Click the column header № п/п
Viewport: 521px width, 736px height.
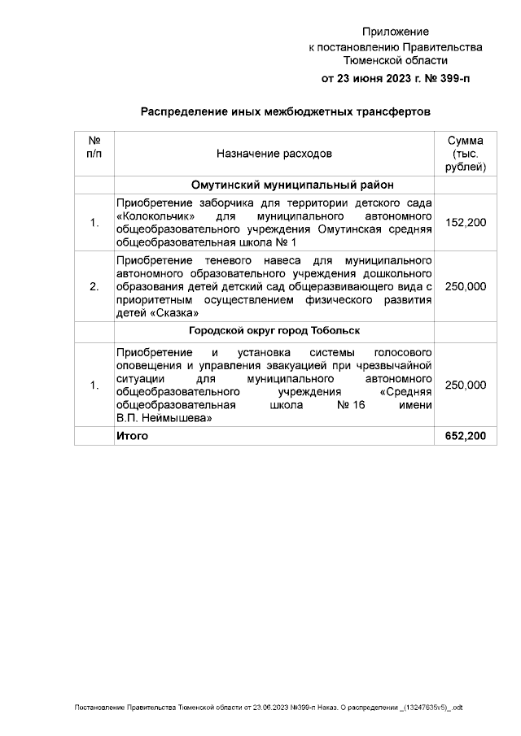94,146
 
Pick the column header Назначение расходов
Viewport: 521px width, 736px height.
274,153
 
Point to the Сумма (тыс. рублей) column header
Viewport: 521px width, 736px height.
466,154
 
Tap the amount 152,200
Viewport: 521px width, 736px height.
466,222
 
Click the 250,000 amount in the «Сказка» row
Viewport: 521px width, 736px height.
466,286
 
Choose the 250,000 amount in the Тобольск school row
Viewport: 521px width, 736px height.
466,385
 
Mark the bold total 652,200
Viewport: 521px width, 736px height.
466,437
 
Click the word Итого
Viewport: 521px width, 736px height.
133,437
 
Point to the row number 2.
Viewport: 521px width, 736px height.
94,286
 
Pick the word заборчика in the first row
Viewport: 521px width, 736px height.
212,203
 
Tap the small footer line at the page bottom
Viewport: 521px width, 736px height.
269,708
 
